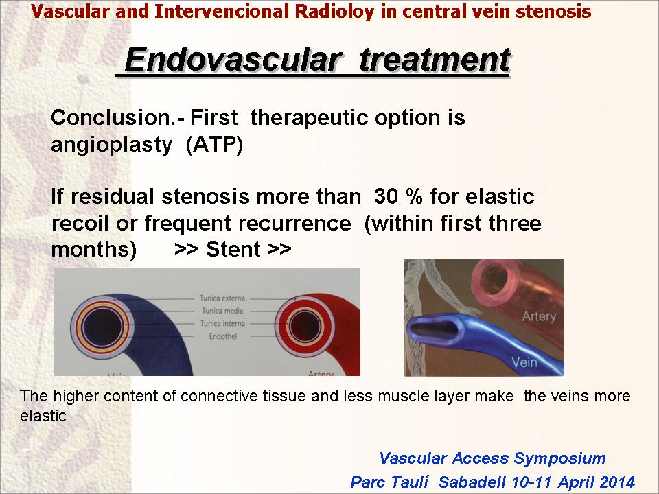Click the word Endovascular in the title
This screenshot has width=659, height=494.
click(232, 60)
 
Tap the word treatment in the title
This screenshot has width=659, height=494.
click(435, 60)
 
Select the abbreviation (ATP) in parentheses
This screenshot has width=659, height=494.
click(214, 145)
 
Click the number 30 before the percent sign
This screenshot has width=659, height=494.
click(386, 196)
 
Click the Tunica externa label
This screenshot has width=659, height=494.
click(222, 298)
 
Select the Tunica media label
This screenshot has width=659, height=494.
click(222, 311)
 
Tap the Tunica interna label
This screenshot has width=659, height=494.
click(222, 323)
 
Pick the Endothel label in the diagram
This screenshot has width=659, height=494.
click(222, 336)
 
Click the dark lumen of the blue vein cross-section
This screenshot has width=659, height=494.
click(102, 327)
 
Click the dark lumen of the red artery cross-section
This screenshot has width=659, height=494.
click(305, 327)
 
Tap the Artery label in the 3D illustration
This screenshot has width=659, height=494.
click(539, 316)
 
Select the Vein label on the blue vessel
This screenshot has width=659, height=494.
click(524, 362)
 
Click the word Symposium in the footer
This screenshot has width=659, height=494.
click(559, 458)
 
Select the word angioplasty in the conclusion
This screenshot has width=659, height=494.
click(111, 145)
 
